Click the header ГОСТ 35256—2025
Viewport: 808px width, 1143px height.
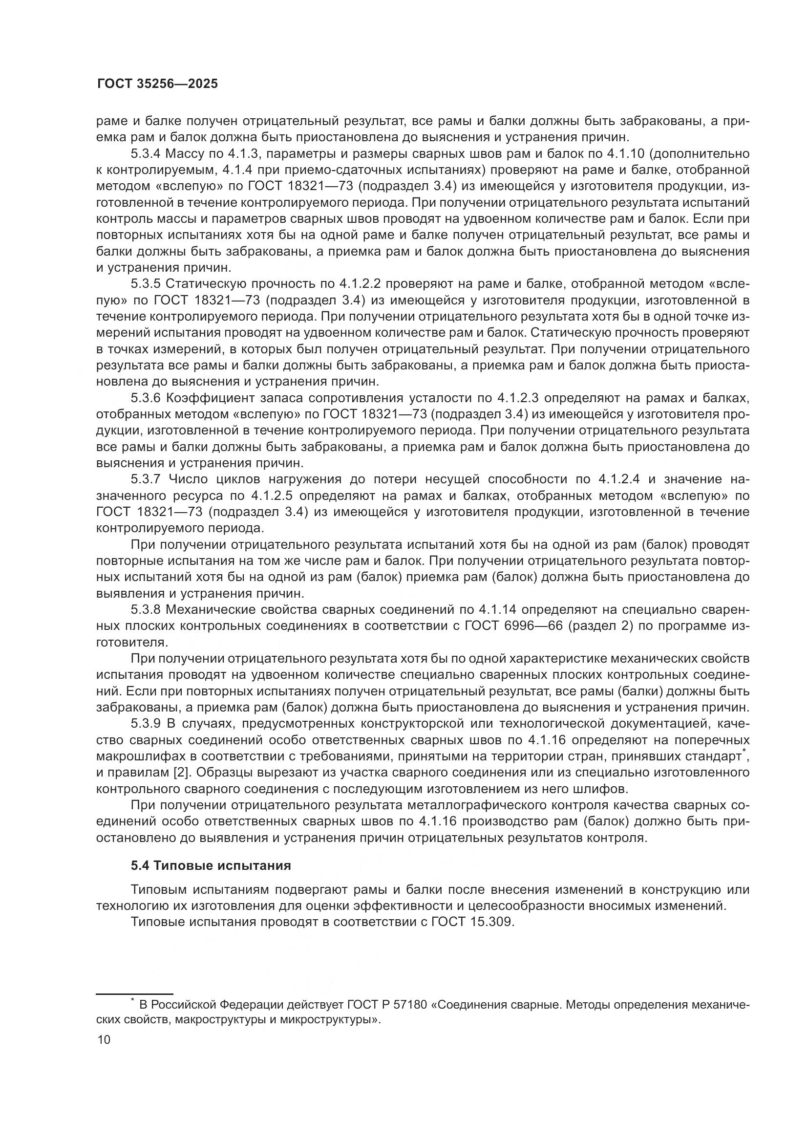tap(157, 84)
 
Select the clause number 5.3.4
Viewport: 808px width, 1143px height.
tap(146, 153)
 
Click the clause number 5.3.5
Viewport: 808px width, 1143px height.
tap(146, 284)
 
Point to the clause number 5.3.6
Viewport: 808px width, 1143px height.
tap(146, 398)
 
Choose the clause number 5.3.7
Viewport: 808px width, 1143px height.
tap(146, 479)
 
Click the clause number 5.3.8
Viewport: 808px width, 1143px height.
tap(146, 610)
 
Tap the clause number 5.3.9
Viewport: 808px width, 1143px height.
tap(146, 724)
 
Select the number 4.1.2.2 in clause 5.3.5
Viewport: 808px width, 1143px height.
tap(360, 284)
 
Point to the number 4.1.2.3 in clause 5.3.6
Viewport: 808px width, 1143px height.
tap(518, 398)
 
